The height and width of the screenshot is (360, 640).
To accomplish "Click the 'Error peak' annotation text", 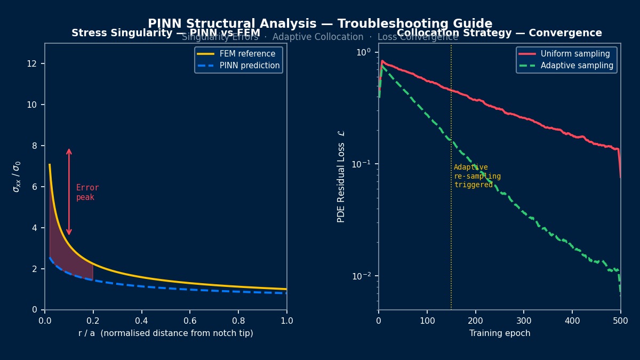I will click(87, 193).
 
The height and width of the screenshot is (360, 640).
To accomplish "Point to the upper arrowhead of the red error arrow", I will click(69, 151).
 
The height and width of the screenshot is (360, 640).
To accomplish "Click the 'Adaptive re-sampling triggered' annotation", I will click(477, 176).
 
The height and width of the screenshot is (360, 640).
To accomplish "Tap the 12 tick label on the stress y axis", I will click(34, 63).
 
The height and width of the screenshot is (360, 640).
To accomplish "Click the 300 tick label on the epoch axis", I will click(524, 321).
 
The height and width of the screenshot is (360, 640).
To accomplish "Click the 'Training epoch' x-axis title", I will click(500, 333).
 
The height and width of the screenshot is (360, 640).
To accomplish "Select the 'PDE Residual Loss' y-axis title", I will click(341, 176).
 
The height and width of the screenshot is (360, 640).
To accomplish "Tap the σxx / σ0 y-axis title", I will click(17, 176).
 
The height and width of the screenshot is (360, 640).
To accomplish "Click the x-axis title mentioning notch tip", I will click(165, 333).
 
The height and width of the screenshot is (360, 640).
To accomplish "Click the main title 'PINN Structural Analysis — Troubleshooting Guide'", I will click(320, 24).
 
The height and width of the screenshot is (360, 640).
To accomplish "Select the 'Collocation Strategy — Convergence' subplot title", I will click(499, 33).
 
